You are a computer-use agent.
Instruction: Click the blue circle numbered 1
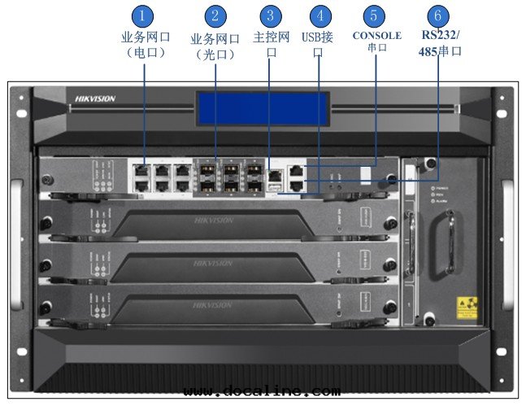tap(143, 16)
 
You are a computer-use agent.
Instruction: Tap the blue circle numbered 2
tap(215, 16)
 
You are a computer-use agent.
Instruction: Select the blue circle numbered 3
tap(272, 16)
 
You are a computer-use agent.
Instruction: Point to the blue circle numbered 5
tap(374, 16)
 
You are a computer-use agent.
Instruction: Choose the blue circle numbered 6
tap(437, 16)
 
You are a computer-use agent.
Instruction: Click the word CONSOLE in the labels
tap(376, 36)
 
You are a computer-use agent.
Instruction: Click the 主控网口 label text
tap(272, 44)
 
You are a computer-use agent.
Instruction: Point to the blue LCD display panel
tap(263, 108)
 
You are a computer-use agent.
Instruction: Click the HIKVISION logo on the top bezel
tap(95, 98)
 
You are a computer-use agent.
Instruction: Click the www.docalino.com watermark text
tap(261, 391)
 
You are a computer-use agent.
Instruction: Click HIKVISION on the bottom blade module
tap(213, 305)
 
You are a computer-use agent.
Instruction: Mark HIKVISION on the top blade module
tap(213, 220)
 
